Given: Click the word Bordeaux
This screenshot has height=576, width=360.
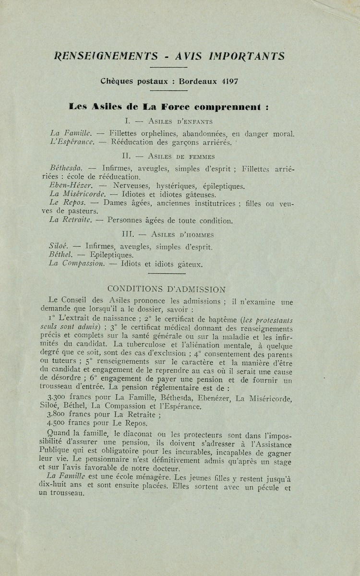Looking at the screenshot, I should pos(198,81).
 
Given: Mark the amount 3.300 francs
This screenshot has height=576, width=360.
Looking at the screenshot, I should pos(66,398).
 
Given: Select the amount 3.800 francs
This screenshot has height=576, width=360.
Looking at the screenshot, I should pos(66,415).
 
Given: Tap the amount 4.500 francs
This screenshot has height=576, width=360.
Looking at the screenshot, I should pos(66,423).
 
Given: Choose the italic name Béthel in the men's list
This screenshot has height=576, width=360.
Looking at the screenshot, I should pos(60,255).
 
